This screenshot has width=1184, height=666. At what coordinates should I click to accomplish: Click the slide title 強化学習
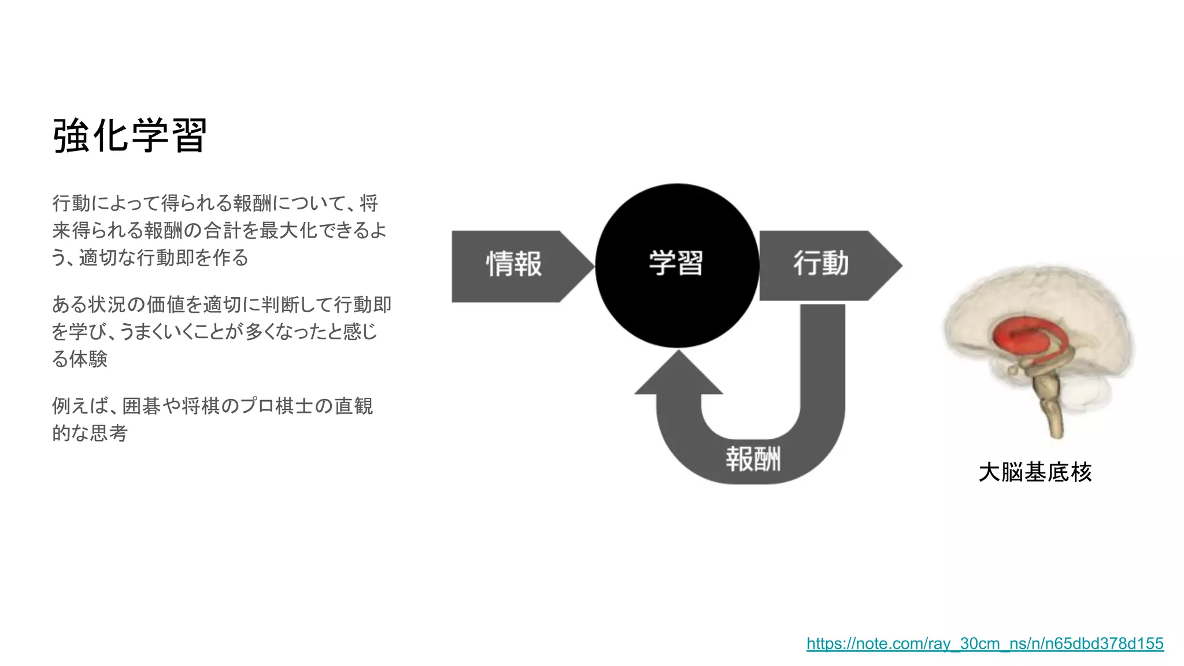tap(130, 136)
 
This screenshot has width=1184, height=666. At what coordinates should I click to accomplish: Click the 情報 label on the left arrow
tap(514, 264)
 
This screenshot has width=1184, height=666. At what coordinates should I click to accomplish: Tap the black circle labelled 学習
tap(676, 264)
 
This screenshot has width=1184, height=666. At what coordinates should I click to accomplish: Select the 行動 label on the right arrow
tap(821, 264)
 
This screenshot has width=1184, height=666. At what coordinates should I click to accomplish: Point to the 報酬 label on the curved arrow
tap(753, 459)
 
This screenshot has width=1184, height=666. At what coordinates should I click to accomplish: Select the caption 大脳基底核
tap(1035, 472)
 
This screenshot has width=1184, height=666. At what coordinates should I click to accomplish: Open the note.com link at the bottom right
tap(985, 643)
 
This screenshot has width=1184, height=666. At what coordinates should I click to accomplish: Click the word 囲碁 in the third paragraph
tap(142, 406)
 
